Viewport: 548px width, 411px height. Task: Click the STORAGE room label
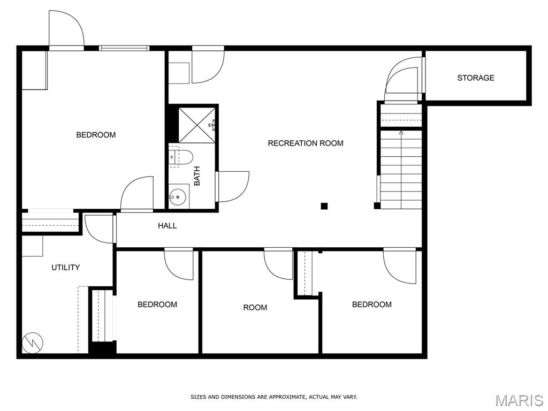476,78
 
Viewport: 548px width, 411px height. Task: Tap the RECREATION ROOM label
306,143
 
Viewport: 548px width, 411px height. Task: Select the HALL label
167,226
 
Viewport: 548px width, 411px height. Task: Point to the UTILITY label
65,268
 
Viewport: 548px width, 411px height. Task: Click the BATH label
197,176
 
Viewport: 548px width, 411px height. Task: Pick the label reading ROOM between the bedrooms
255,308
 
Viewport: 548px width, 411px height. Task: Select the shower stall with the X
197,125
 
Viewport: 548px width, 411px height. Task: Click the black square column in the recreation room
324,206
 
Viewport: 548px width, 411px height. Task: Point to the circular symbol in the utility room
33,342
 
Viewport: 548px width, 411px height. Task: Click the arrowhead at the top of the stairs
401,133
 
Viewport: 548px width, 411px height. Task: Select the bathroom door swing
232,186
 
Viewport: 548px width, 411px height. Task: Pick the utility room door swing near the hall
99,229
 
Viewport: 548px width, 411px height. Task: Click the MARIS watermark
519,400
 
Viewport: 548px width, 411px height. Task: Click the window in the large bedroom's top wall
124,48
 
